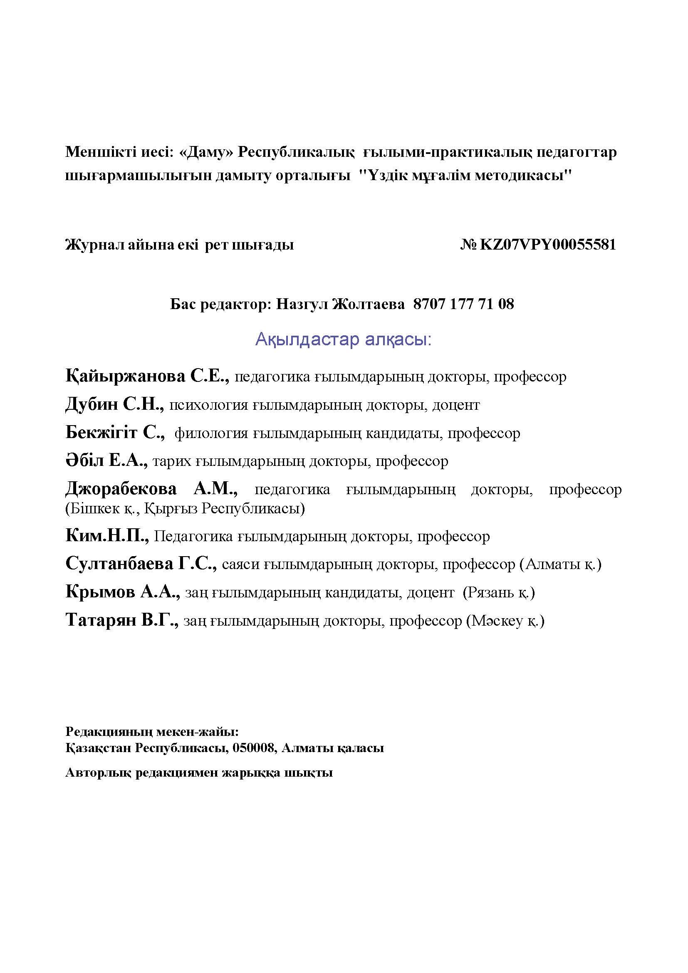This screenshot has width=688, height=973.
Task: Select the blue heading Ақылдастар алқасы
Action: [x=343, y=339]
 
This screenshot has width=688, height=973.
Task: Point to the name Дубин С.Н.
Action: [x=115, y=405]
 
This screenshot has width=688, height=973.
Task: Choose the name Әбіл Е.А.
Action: [x=106, y=461]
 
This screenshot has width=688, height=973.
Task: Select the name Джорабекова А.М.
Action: [x=151, y=489]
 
